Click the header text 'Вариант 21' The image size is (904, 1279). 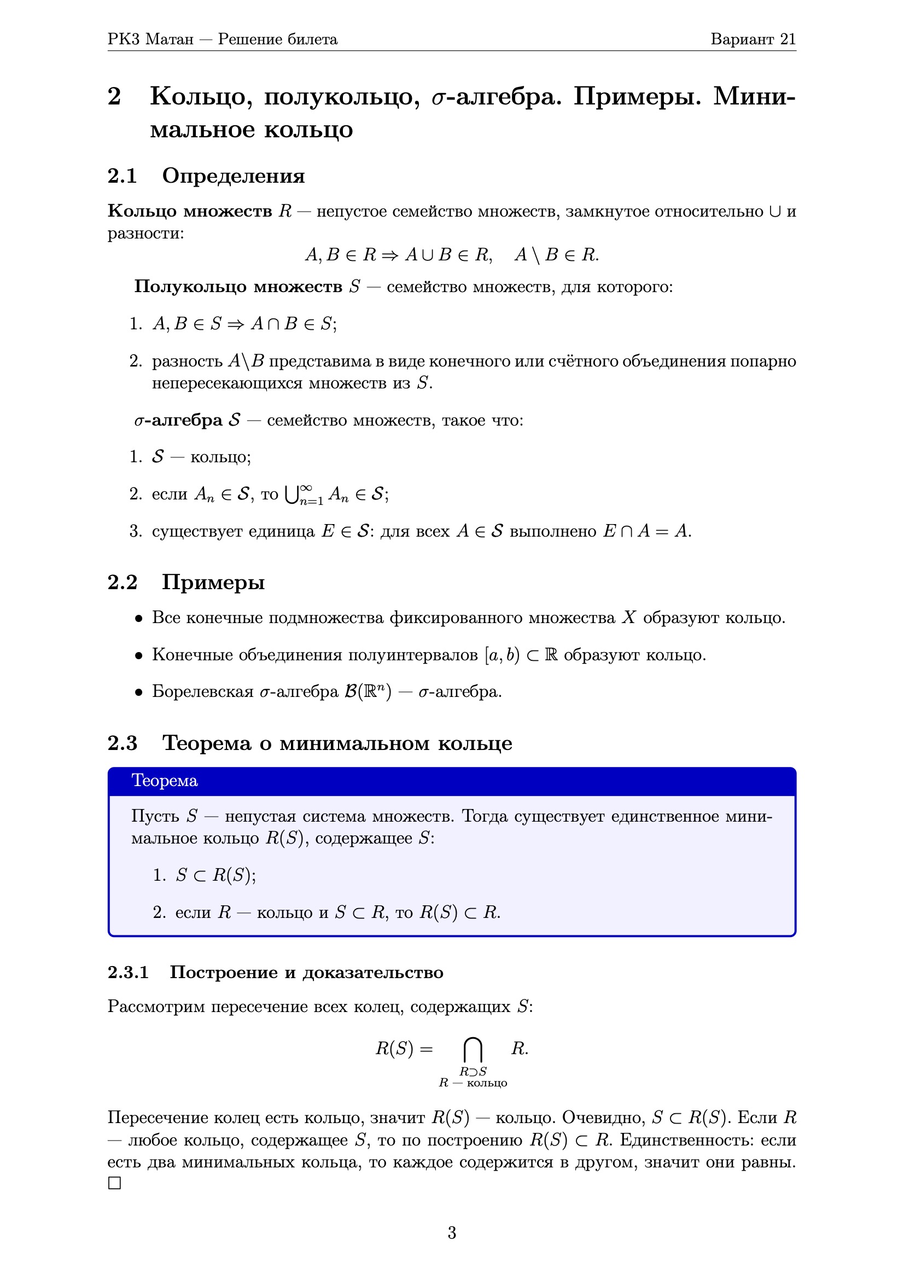point(753,39)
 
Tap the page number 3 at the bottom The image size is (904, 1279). point(452,1232)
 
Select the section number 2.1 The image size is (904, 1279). point(122,176)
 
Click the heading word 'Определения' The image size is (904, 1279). point(234,176)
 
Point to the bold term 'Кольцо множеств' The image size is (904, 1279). point(189,211)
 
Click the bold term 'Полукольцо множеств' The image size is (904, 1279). point(238,286)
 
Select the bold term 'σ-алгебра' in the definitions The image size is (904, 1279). point(178,420)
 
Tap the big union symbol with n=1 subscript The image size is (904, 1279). point(291,494)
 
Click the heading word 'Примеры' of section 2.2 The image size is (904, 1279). point(213,582)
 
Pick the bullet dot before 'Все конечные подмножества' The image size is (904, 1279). point(139,618)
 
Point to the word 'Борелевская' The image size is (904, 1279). point(203,692)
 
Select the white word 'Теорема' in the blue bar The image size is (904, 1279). point(164,781)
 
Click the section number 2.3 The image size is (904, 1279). point(122,743)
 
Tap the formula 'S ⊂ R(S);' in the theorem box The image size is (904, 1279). point(215,875)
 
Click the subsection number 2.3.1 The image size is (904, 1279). point(128,972)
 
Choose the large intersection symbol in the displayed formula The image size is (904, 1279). point(473,1049)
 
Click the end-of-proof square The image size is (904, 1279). point(114,1183)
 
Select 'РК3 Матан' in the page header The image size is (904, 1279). point(150,39)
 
